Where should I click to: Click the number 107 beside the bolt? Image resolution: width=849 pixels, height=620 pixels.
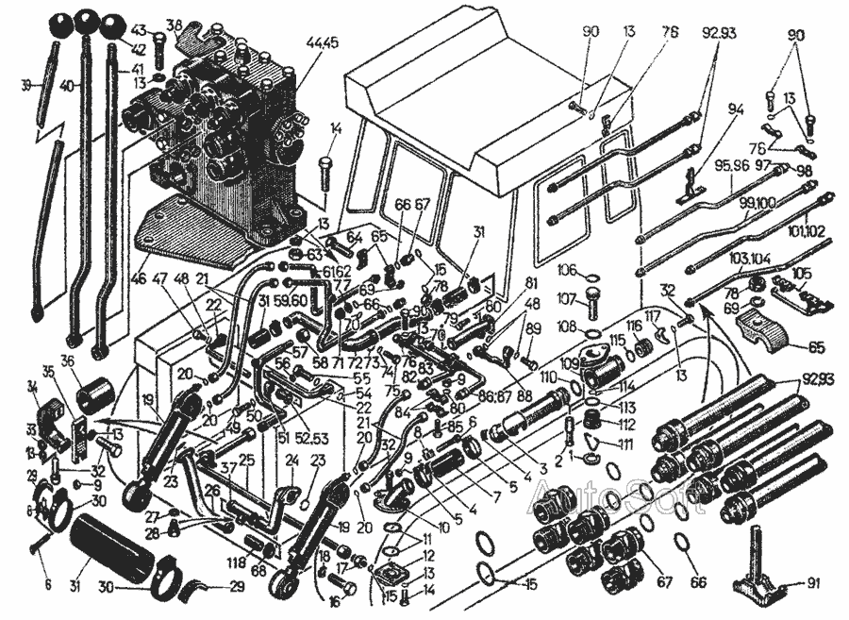(x=566, y=301)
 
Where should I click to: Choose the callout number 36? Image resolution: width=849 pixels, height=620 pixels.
(x=67, y=361)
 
